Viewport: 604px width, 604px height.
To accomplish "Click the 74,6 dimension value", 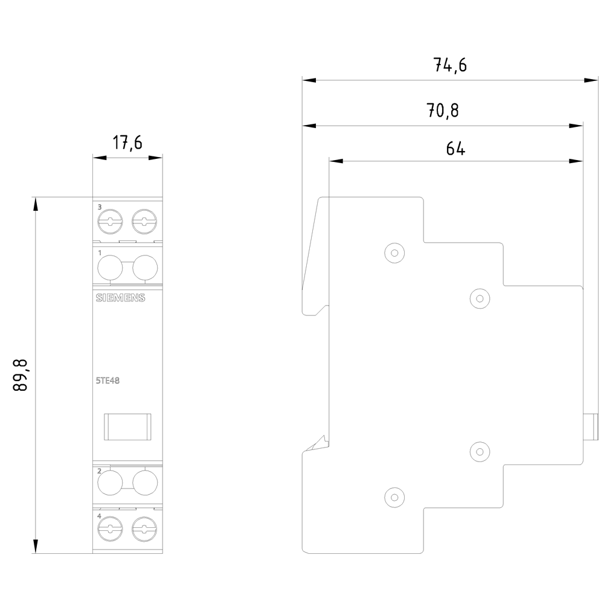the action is [x=450, y=65].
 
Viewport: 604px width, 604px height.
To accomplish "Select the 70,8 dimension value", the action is [x=443, y=111].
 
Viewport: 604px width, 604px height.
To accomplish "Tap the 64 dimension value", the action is [x=455, y=149].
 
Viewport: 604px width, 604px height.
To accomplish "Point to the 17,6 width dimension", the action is [x=127, y=143].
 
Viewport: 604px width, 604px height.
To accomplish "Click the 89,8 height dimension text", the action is [x=20, y=375].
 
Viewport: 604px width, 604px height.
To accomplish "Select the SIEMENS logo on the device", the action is [x=120, y=298].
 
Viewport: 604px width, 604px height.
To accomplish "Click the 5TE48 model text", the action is [x=108, y=380].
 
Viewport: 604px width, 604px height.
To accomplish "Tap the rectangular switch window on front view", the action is [x=127, y=427].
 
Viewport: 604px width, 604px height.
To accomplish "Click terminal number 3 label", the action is [x=100, y=207].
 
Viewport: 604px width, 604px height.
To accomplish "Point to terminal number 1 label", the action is [x=100, y=252].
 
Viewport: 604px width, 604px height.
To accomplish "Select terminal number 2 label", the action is [x=100, y=471].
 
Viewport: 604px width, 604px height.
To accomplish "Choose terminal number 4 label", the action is [x=100, y=516].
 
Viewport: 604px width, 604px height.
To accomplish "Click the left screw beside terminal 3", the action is [x=110, y=222].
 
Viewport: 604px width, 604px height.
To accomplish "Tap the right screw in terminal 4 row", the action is [x=144, y=529].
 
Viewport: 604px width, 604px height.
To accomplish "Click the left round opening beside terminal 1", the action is [x=110, y=268].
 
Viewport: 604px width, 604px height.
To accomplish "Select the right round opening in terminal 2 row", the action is [x=145, y=482].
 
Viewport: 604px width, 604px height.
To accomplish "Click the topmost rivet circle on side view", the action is [x=394, y=253].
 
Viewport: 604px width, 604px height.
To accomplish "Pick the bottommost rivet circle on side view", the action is [x=394, y=497].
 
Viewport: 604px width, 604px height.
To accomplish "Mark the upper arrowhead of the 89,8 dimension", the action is [x=36, y=204].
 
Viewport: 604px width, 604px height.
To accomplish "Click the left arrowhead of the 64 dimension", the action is [x=336, y=161].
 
